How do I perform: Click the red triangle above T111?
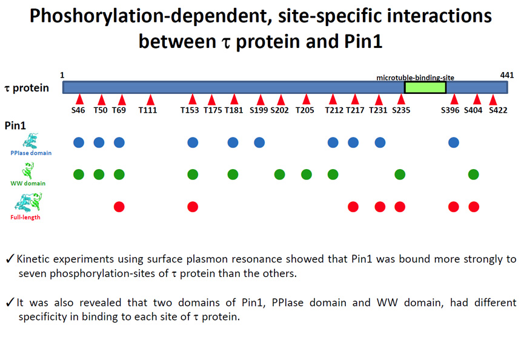point(150,100)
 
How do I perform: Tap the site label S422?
point(498,110)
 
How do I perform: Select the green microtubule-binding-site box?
point(425,87)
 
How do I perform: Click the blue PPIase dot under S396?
point(454,142)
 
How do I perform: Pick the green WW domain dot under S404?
point(474,174)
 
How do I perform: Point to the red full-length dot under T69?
point(119,207)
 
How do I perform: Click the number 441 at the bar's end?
point(506,76)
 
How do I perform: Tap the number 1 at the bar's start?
point(62,76)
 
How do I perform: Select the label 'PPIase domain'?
point(31,153)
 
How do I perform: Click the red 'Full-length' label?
point(25,218)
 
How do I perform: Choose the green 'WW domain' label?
point(28,183)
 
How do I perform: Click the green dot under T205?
point(307,174)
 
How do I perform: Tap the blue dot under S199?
point(259,142)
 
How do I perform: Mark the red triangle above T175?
point(211,100)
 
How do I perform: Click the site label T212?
point(334,110)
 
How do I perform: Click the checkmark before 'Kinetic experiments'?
point(10,258)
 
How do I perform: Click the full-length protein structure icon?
point(28,203)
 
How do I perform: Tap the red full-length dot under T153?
point(193,207)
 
